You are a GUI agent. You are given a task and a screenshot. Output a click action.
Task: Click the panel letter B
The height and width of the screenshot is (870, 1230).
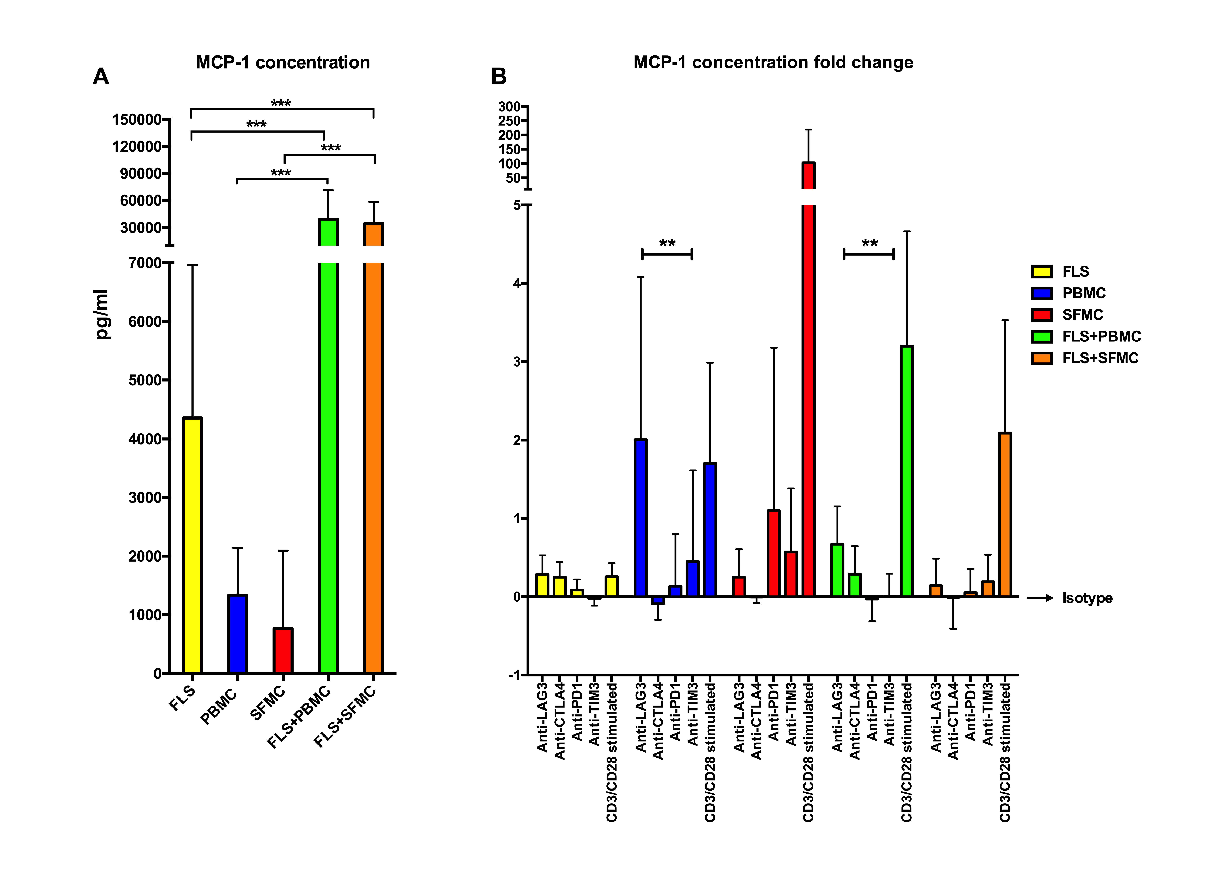[499, 77]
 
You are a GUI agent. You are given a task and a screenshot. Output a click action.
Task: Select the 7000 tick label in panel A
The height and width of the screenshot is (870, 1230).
[145, 263]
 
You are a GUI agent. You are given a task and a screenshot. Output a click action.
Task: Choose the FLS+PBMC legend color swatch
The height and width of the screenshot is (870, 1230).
[1041, 337]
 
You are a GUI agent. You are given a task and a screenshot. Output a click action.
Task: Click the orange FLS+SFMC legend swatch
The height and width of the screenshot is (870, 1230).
[1041, 358]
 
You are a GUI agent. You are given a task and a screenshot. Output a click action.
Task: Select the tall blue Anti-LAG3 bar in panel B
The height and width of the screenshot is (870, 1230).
[641, 517]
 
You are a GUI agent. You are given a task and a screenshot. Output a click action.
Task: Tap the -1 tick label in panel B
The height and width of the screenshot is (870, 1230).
[514, 675]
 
